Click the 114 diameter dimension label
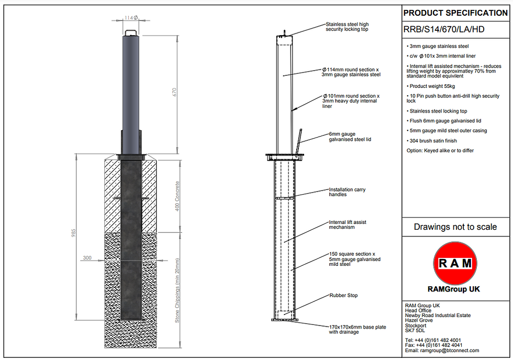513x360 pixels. (x=131, y=18)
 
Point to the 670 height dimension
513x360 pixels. (x=174, y=92)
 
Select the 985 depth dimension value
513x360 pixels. (x=74, y=233)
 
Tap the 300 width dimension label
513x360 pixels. (x=87, y=257)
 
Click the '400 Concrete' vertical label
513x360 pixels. (x=177, y=196)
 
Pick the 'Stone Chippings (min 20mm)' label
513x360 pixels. (x=177, y=291)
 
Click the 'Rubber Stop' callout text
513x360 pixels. (x=343, y=295)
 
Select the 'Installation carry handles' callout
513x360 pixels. (x=347, y=192)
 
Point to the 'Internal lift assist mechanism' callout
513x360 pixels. (x=348, y=224)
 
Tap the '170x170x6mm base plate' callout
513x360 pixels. (x=358, y=330)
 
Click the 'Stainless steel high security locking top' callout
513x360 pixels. (x=347, y=27)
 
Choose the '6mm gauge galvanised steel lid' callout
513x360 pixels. (x=350, y=137)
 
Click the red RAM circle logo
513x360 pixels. (x=455, y=263)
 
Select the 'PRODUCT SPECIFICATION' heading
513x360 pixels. (x=455, y=13)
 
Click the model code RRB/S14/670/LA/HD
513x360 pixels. (x=444, y=29)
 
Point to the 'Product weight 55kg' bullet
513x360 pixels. (x=430, y=86)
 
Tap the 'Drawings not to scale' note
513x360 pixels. (x=455, y=227)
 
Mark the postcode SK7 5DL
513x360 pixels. (x=415, y=331)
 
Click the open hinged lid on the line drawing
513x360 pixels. (x=299, y=142)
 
